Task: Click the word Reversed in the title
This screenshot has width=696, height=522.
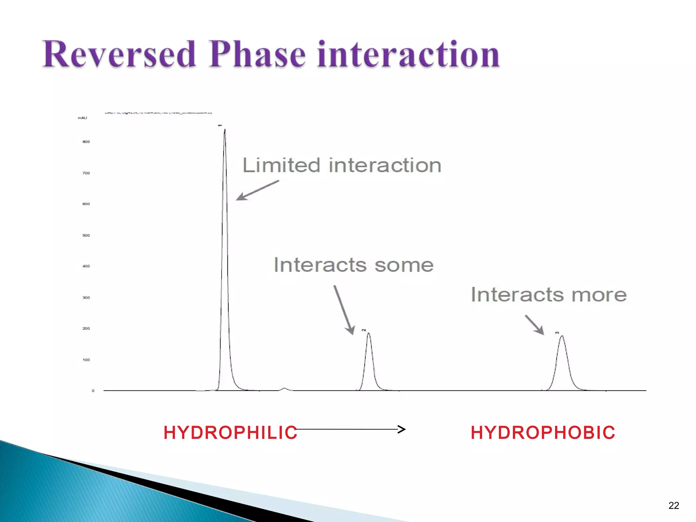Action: (119, 54)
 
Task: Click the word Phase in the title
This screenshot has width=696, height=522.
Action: (257, 54)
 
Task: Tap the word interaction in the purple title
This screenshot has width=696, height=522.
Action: (408, 54)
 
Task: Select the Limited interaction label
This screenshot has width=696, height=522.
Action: (342, 166)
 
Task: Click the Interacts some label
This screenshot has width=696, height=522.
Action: (353, 265)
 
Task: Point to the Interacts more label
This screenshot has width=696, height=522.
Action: (549, 295)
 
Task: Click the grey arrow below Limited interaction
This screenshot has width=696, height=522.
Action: (257, 190)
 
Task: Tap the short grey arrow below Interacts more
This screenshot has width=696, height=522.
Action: (534, 325)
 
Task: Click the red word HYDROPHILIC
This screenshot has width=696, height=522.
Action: (230, 433)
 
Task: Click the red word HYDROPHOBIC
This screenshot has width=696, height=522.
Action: (543, 433)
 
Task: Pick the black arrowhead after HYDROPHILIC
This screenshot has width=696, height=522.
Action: (402, 429)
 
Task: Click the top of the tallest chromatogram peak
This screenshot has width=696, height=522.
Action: (225, 130)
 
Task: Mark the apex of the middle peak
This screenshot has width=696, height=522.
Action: (368, 333)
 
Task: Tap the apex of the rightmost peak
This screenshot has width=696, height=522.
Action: (562, 336)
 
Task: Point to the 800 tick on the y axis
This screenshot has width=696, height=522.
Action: (86, 142)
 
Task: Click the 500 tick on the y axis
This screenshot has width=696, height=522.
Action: (86, 235)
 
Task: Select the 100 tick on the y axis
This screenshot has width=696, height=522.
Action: (86, 360)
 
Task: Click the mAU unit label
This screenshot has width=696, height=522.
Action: (82, 118)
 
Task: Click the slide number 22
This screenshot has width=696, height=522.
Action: (673, 505)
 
